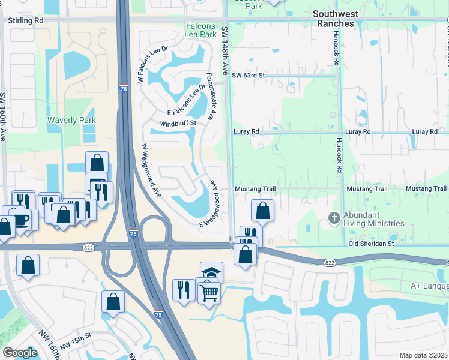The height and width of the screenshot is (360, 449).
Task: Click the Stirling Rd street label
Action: click(26, 20)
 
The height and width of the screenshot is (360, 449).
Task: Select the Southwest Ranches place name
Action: click(336, 18)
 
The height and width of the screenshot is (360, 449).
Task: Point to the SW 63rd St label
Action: click(248, 76)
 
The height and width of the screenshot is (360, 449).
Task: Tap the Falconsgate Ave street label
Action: click(211, 95)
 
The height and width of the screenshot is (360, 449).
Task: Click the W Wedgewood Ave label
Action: click(152, 171)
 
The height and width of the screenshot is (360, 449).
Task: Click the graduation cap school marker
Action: click(211, 272)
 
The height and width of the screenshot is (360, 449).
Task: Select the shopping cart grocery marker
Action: click(209, 293)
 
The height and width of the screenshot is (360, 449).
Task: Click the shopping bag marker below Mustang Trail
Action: click(262, 210)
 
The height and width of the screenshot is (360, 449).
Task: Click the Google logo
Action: click(20, 353)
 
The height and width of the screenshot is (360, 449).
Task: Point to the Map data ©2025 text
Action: click(423, 355)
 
